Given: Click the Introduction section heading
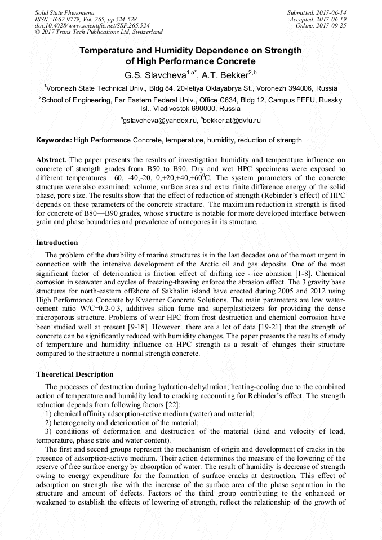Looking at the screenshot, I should (57, 243).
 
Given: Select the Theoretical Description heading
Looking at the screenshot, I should (74, 374).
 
